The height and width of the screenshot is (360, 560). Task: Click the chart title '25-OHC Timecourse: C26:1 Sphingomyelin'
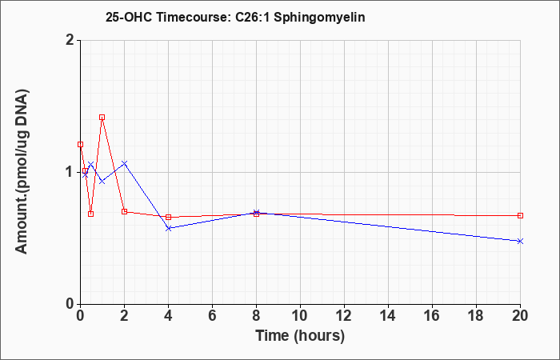(235, 17)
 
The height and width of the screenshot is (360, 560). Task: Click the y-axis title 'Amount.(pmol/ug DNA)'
(22, 172)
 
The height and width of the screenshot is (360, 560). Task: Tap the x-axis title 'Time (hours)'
(300, 336)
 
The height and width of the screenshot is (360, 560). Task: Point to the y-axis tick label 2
(70, 40)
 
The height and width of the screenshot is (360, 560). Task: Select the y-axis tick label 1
(70, 172)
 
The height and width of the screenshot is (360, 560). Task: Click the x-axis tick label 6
(212, 316)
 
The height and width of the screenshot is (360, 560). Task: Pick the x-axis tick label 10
(300, 316)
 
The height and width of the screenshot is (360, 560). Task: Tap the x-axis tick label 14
(388, 316)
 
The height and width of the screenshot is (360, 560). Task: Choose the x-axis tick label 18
(476, 316)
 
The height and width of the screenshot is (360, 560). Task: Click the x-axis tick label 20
(520, 316)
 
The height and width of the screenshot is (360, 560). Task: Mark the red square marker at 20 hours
(520, 215)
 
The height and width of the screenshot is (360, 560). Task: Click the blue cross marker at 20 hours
(520, 241)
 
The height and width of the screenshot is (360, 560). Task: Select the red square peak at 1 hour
(102, 117)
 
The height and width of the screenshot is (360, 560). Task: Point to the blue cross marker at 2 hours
(124, 163)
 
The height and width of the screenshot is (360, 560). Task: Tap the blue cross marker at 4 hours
(168, 228)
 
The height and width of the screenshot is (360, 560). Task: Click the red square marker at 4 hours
(168, 217)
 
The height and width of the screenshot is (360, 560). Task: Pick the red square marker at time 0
(80, 144)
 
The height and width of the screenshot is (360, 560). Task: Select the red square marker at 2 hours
(124, 211)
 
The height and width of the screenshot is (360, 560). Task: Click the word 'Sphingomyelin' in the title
(319, 18)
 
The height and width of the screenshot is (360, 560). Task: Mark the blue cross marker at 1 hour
(102, 181)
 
